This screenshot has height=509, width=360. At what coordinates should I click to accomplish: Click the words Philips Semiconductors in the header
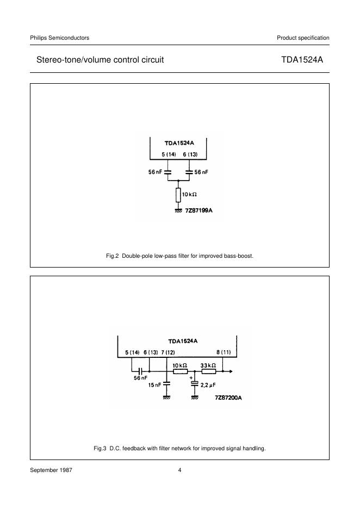(x=60, y=38)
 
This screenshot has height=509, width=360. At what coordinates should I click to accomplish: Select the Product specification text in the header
(x=303, y=38)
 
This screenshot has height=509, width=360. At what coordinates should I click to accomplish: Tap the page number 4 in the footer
(x=180, y=470)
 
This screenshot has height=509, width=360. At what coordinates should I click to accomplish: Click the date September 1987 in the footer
(x=51, y=470)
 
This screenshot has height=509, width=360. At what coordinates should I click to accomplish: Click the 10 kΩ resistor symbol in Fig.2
(x=178, y=195)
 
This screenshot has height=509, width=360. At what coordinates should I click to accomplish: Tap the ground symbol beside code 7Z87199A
(x=178, y=209)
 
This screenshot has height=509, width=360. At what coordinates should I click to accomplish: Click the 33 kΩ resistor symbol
(x=209, y=372)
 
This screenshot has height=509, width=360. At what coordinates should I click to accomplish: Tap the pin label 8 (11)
(x=224, y=352)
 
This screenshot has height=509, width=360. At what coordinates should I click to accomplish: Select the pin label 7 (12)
(x=167, y=352)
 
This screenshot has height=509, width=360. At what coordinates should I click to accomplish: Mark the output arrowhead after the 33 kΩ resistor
(x=232, y=372)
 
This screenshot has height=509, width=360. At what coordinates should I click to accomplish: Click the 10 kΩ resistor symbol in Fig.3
(x=180, y=372)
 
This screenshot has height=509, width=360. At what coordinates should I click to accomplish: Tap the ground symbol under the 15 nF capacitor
(x=167, y=398)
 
